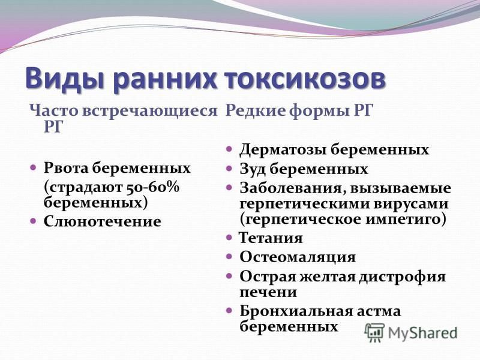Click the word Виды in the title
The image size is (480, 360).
point(64,78)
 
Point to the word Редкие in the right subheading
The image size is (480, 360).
point(256,110)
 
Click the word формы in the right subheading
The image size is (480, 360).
point(319,111)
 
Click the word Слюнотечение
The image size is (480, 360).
point(102,221)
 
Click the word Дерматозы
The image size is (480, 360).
point(283,149)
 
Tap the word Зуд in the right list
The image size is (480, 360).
point(253,169)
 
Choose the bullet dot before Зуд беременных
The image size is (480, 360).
point(229,169)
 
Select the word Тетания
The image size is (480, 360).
point(271,238)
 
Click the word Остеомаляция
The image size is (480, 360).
point(298,257)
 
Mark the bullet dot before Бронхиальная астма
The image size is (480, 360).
point(229,311)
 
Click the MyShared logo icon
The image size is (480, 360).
point(374,332)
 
